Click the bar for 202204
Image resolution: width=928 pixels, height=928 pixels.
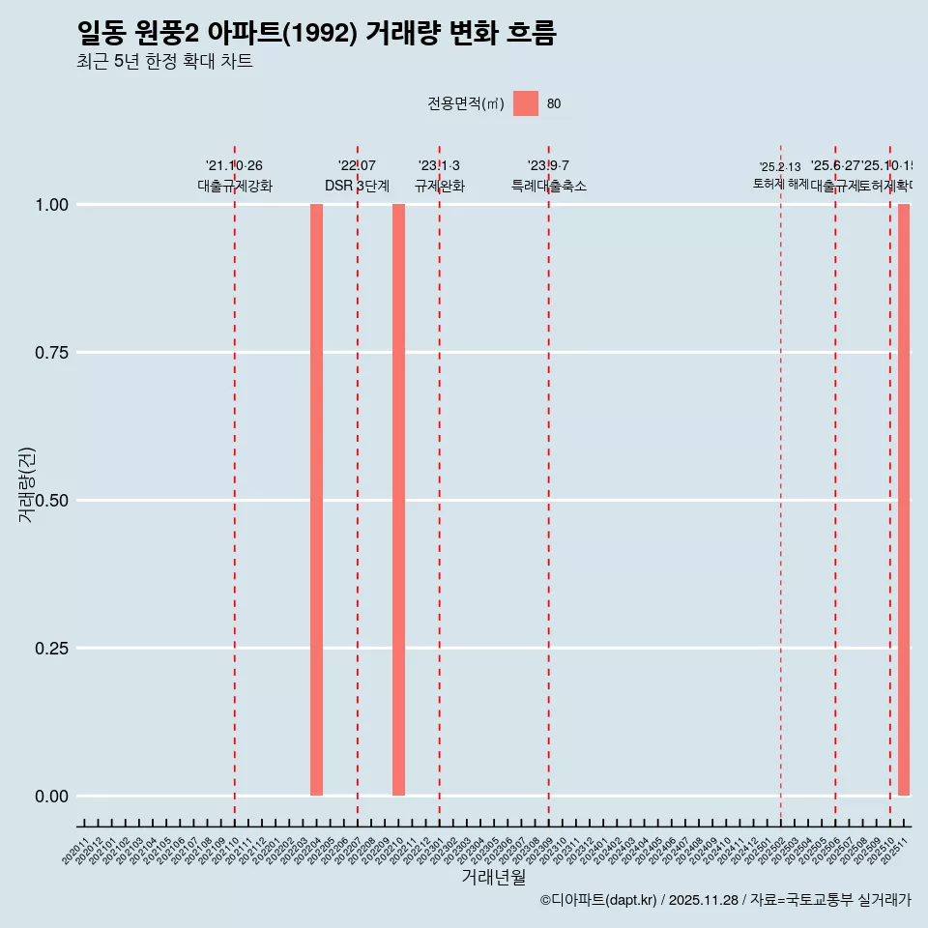tap(316, 500)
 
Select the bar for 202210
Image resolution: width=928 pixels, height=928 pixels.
tap(398, 500)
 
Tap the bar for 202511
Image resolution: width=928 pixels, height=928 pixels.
tap(904, 500)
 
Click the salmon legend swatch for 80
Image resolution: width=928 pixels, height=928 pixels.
tap(526, 103)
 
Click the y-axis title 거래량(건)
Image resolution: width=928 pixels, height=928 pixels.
tap(27, 484)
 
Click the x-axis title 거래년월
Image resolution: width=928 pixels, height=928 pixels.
tap(494, 877)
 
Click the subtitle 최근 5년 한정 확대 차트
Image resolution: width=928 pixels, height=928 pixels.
tap(164, 63)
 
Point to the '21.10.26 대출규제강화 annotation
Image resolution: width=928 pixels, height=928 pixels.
tap(235, 176)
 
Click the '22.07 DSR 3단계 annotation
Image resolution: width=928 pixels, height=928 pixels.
tap(357, 176)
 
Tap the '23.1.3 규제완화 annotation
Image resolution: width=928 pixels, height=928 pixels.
tap(440, 176)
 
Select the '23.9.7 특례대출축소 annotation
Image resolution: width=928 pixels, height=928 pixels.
tap(549, 176)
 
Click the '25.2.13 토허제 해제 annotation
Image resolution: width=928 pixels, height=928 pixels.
tap(780, 175)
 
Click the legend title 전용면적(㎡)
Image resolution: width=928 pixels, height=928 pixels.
tap(466, 104)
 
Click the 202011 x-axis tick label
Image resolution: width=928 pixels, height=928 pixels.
tap(76, 852)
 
